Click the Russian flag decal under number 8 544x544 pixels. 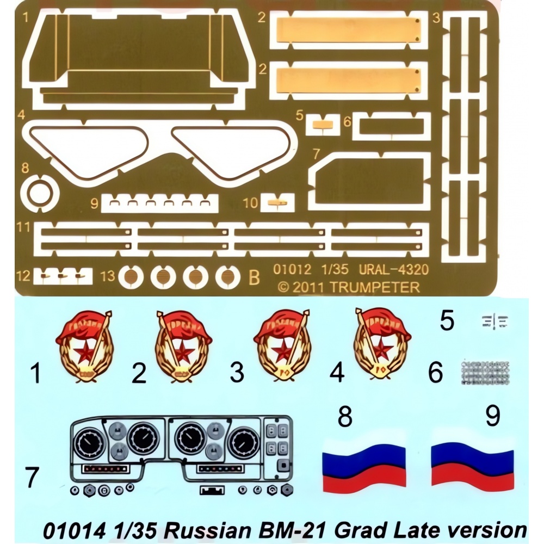pos(364,462)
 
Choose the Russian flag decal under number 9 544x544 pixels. pos(472,463)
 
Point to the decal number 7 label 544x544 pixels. pos(33,478)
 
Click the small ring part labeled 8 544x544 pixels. pos(39,192)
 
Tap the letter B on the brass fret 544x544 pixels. pos(254,277)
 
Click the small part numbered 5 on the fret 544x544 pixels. pos(323,123)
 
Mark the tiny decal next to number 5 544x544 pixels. pos(494,321)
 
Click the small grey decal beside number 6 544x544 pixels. pos(485,372)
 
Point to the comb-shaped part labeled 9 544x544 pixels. pos(160,203)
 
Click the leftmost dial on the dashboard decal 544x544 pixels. pos(89,443)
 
